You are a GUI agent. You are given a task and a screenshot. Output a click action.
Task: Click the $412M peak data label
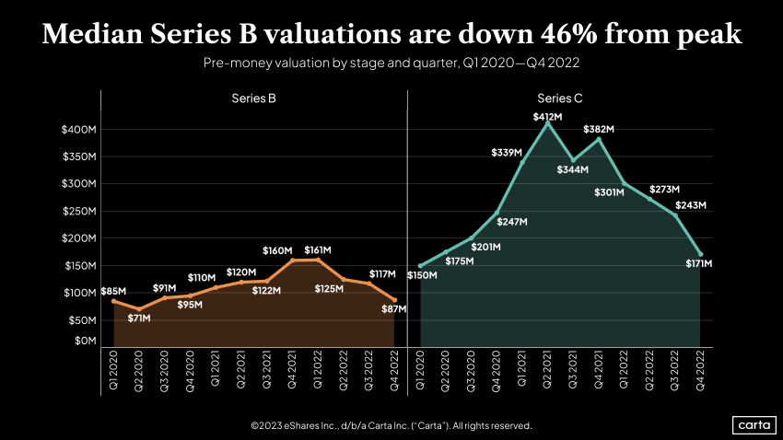(x=547, y=117)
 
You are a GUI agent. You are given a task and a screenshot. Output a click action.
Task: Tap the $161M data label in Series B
(x=318, y=249)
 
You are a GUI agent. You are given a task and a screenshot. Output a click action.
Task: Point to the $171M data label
(x=700, y=264)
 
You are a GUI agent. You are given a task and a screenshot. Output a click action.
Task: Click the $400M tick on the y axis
(x=78, y=130)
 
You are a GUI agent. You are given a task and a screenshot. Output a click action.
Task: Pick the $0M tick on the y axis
(x=85, y=341)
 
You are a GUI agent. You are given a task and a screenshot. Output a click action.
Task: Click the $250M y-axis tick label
(x=78, y=212)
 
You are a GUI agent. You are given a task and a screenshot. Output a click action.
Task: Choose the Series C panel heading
(x=560, y=98)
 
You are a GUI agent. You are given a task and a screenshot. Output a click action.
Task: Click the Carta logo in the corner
(x=753, y=425)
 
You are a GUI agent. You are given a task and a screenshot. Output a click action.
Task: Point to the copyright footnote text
(x=391, y=425)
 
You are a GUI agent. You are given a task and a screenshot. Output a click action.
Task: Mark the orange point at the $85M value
(x=113, y=301)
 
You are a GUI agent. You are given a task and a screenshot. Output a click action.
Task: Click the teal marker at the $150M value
(x=420, y=266)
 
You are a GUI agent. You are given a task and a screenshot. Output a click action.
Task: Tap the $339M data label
(x=505, y=152)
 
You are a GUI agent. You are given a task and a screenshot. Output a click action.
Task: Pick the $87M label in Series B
(x=394, y=309)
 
